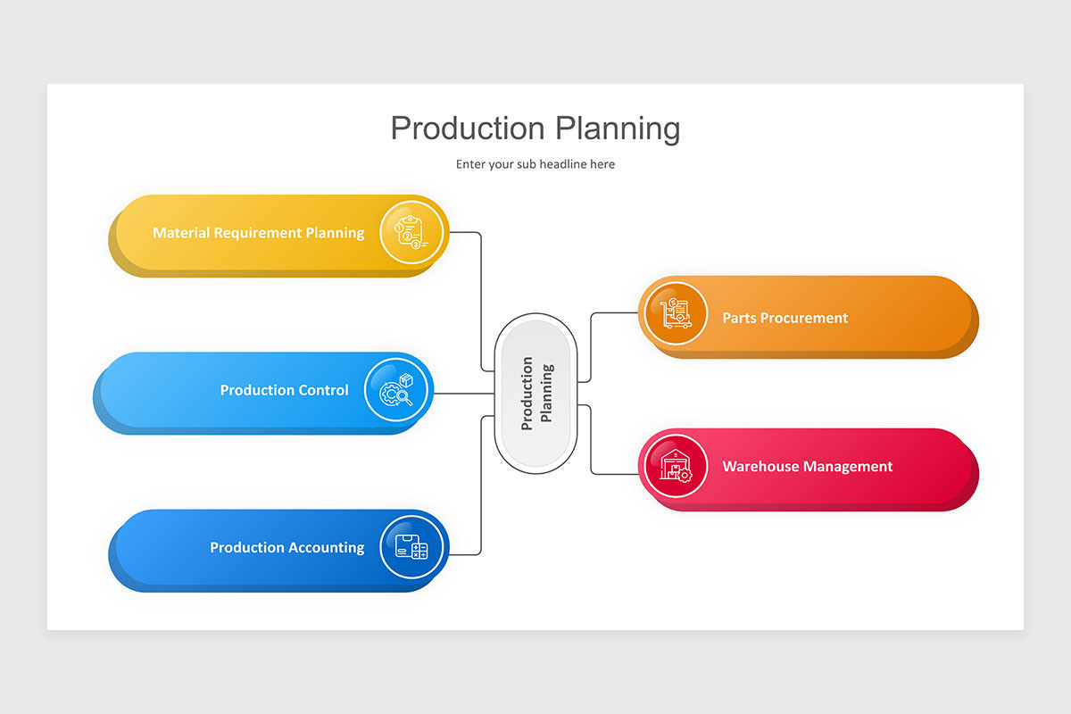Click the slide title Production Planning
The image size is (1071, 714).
tap(535, 129)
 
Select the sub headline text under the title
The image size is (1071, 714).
tap(535, 164)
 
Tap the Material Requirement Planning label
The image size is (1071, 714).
tap(258, 233)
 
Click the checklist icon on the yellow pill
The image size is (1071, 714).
tap(411, 232)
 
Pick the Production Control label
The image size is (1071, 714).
tap(284, 390)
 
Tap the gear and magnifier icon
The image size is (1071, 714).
tap(397, 390)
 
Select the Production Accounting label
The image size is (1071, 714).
tap(286, 548)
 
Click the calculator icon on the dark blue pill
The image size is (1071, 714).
tap(411, 547)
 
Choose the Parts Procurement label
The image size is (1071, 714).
tap(785, 318)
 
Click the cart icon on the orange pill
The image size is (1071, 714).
tap(675, 313)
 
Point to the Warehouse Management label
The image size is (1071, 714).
tap(807, 466)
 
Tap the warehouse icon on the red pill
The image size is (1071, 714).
tap(675, 466)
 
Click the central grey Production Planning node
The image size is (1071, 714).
tap(535, 393)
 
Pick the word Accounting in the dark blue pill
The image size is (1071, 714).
tap(326, 548)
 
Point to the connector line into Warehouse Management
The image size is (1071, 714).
tap(591, 442)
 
